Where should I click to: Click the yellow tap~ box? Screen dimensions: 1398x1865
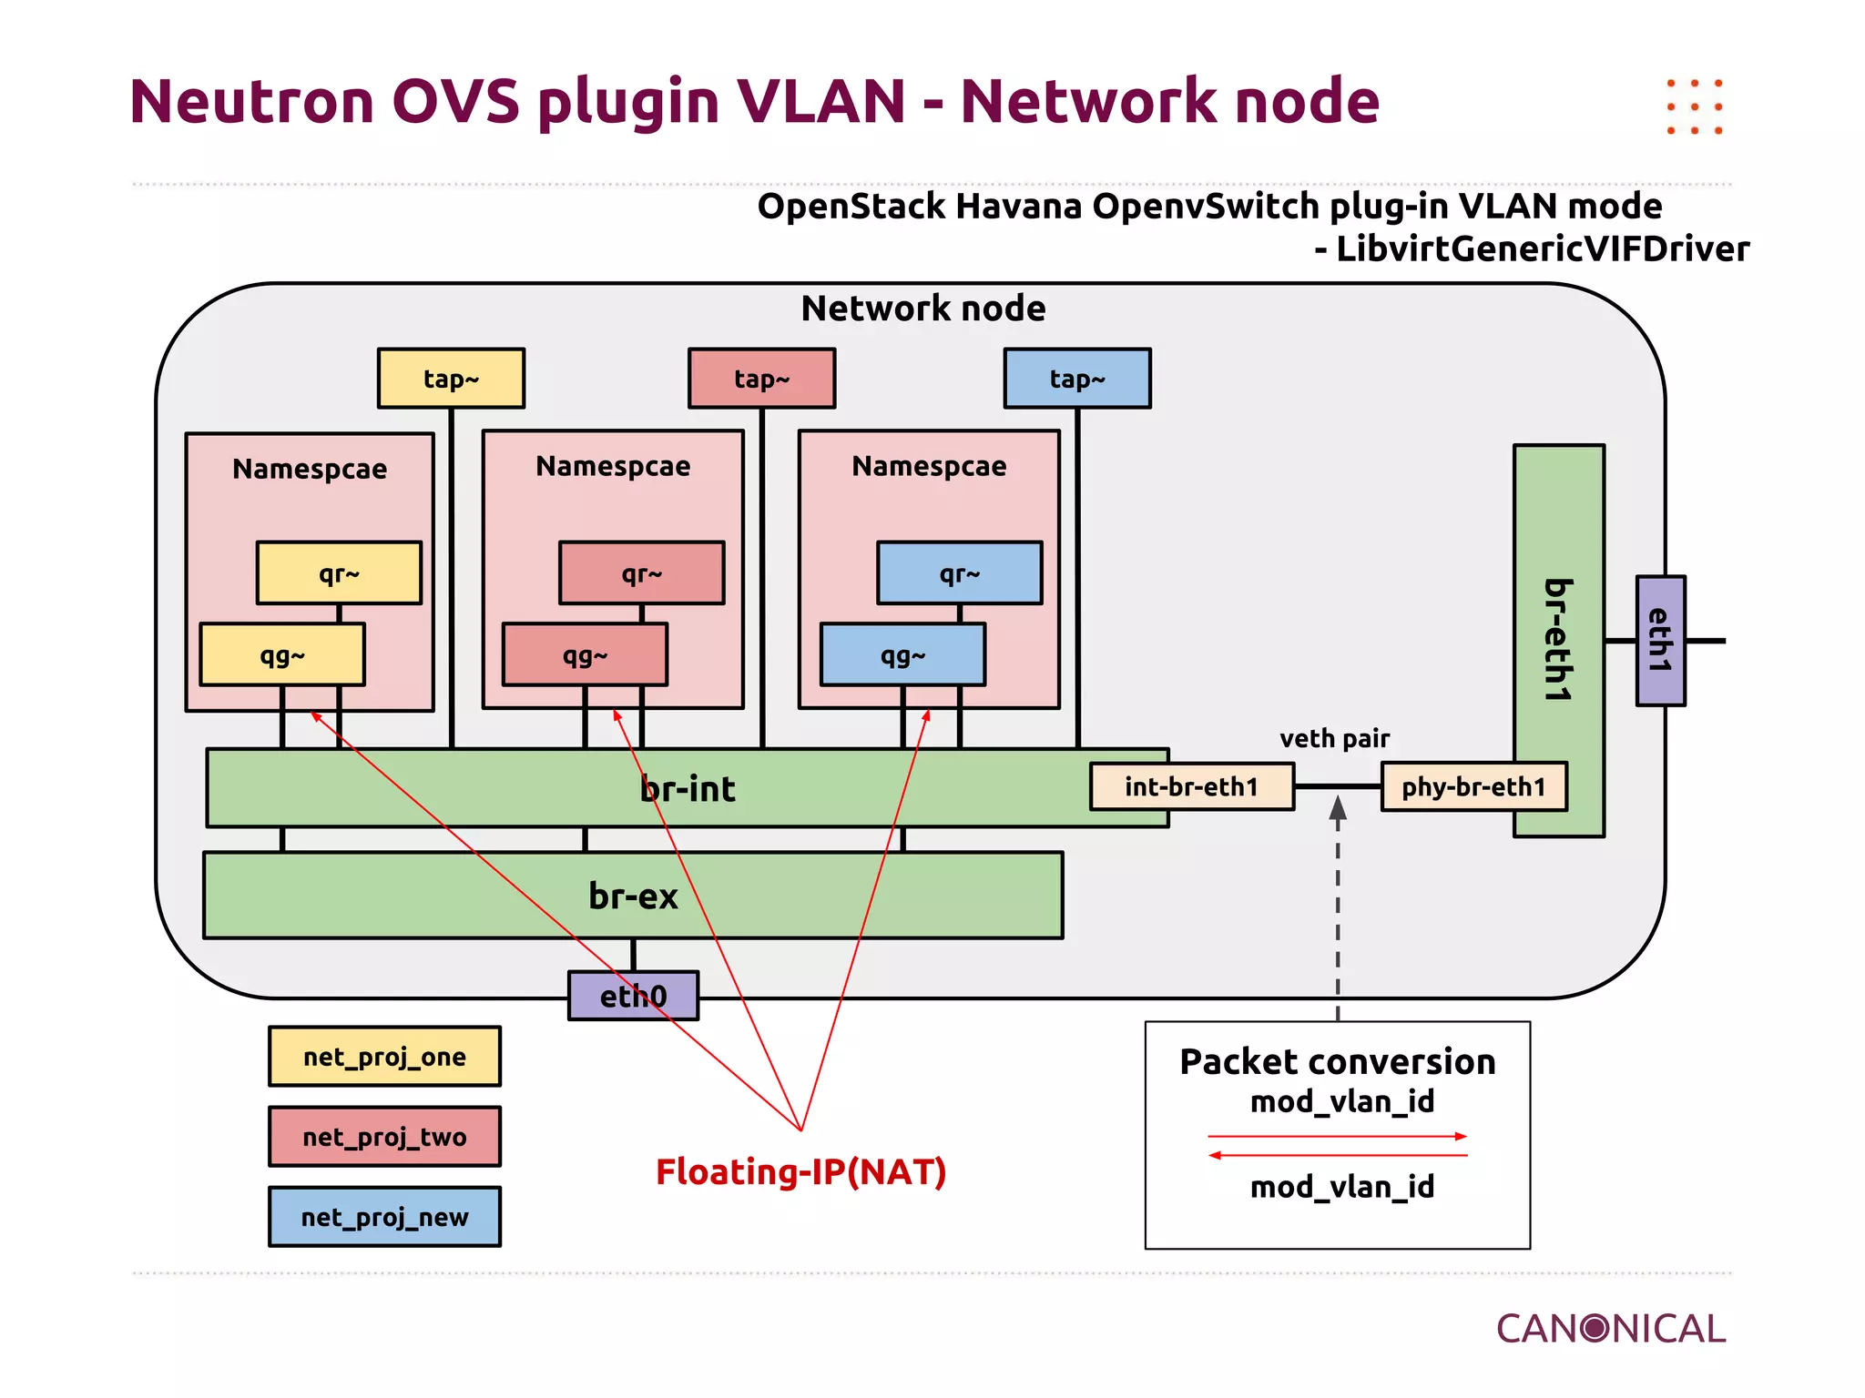pyautogui.click(x=451, y=379)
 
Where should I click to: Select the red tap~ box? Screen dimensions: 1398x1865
pyautogui.click(x=761, y=379)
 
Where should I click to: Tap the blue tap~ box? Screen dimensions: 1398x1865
pyautogui.click(x=1077, y=379)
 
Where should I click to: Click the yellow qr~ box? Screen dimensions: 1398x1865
pyautogui.click(x=339, y=573)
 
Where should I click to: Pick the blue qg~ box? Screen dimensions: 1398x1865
pyautogui.click(x=902, y=654)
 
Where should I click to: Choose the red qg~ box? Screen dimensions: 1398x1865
pyautogui.click(x=585, y=654)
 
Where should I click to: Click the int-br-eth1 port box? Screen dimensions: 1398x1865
pyautogui.click(x=1191, y=786)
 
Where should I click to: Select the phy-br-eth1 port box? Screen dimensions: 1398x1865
pyautogui.click(x=1473, y=786)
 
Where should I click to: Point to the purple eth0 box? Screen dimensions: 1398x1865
pyautogui.click(x=633, y=996)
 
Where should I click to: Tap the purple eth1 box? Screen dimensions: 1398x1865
pyautogui.click(x=1660, y=641)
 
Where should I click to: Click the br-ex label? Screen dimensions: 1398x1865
pyautogui.click(x=633, y=897)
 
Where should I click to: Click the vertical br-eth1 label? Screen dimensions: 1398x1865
pyautogui.click(x=1558, y=641)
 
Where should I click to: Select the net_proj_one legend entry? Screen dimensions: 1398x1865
pyautogui.click(x=384, y=1057)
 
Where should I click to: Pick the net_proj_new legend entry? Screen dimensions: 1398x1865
pyautogui.click(x=384, y=1217)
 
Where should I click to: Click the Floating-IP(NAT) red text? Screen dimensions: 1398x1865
pyautogui.click(x=800, y=1172)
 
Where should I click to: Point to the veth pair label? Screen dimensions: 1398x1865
pyautogui.click(x=1334, y=738)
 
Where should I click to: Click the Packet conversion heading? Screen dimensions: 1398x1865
pyautogui.click(x=1337, y=1062)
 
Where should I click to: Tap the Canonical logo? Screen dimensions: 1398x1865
pyautogui.click(x=1610, y=1329)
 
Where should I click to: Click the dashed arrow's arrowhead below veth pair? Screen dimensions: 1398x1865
pyautogui.click(x=1338, y=809)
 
